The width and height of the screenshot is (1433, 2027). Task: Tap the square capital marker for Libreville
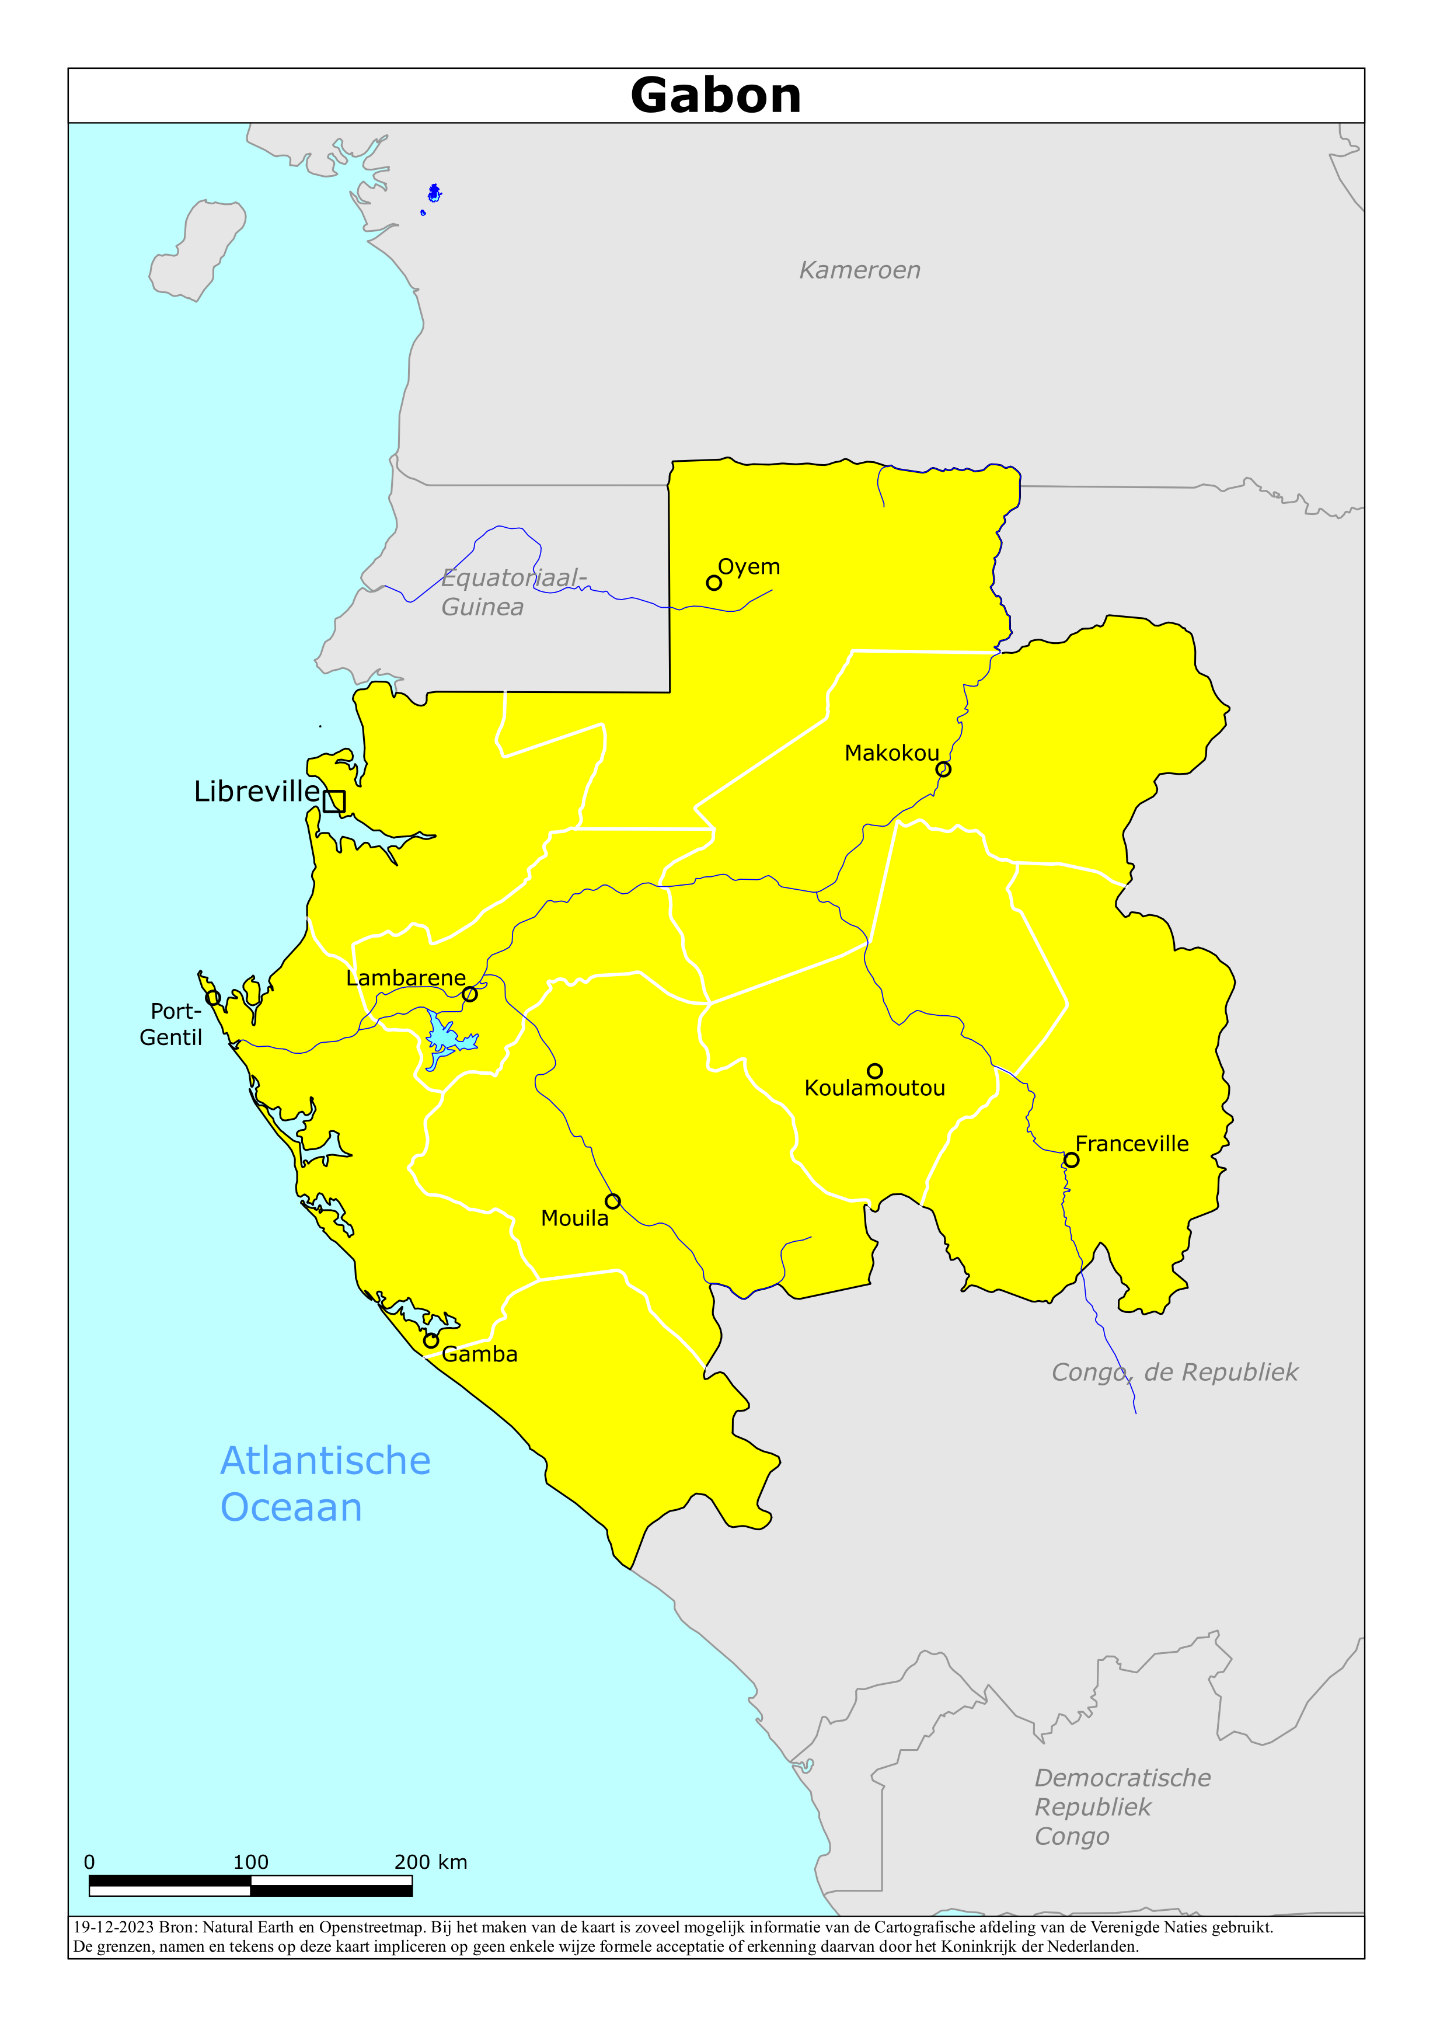334,801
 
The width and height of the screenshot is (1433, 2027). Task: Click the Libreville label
256,791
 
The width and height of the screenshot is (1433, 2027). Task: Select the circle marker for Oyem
713,583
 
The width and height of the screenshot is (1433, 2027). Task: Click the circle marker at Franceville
1071,1160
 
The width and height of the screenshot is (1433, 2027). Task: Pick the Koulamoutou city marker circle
874,1071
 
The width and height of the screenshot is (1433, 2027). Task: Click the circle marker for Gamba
431,1340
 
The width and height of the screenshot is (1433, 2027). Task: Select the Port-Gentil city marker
213,998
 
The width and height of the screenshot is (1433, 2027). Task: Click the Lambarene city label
405,978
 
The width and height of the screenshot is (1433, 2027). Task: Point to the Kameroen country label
859,270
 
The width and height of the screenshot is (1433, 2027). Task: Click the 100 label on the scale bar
251,1862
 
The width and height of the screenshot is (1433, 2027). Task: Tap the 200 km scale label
430,1862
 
